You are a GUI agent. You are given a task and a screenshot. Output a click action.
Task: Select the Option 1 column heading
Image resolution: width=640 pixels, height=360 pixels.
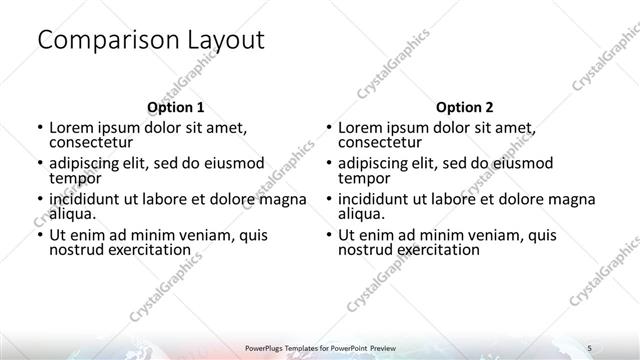pos(176,107)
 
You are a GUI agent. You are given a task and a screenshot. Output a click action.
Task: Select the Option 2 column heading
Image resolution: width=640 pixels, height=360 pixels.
pos(464,107)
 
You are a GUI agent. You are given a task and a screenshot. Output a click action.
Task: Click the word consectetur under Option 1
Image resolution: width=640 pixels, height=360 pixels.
pos(91,143)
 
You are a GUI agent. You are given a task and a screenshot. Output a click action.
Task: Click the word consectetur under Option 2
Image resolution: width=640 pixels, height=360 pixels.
pos(380,143)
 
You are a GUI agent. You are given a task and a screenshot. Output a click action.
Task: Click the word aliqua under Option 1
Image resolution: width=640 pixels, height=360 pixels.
pos(71,213)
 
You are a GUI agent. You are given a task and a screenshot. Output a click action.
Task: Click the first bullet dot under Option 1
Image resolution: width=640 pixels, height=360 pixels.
pos(39,129)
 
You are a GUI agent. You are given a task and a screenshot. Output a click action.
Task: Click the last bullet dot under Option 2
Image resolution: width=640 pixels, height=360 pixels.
pos(328,235)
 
